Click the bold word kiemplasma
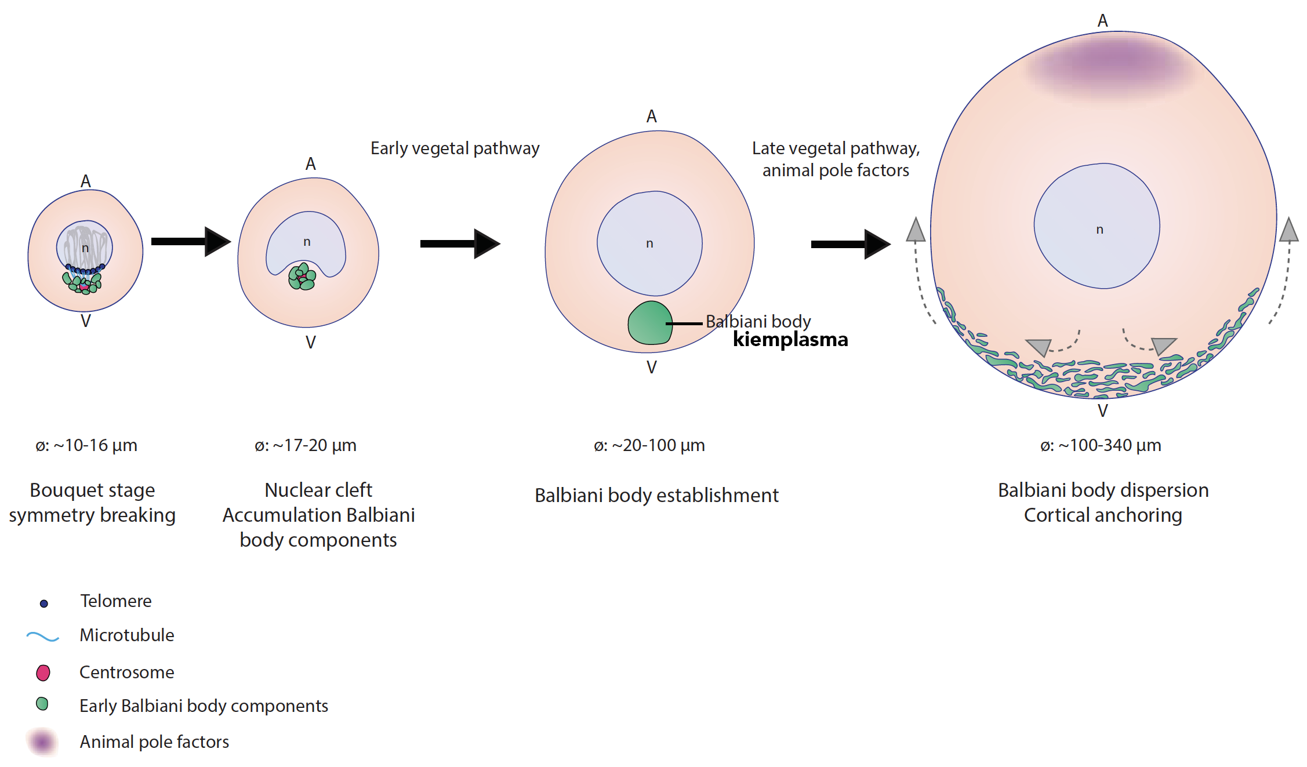pyautogui.click(x=790, y=339)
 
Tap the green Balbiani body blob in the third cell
pyautogui.click(x=650, y=323)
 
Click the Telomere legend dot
pyautogui.click(x=43, y=604)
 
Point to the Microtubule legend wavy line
pyautogui.click(x=42, y=637)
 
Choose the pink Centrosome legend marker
pyautogui.click(x=43, y=673)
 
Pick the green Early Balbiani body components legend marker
pyautogui.click(x=42, y=704)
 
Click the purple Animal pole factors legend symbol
pyautogui.click(x=42, y=741)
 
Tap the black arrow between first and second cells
pyautogui.click(x=191, y=241)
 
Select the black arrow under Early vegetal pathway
pyautogui.click(x=460, y=243)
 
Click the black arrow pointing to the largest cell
pyautogui.click(x=851, y=244)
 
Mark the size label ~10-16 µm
pyautogui.click(x=86, y=445)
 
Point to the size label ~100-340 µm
pyautogui.click(x=1101, y=445)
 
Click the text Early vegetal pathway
pyautogui.click(x=455, y=148)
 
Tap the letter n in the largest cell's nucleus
pyautogui.click(x=1099, y=230)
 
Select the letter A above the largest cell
pyautogui.click(x=1102, y=21)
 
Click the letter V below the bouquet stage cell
pyautogui.click(x=86, y=321)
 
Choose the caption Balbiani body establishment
pyautogui.click(x=656, y=496)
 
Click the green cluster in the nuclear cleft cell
pyautogui.click(x=302, y=277)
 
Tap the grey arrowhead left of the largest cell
pyautogui.click(x=916, y=230)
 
